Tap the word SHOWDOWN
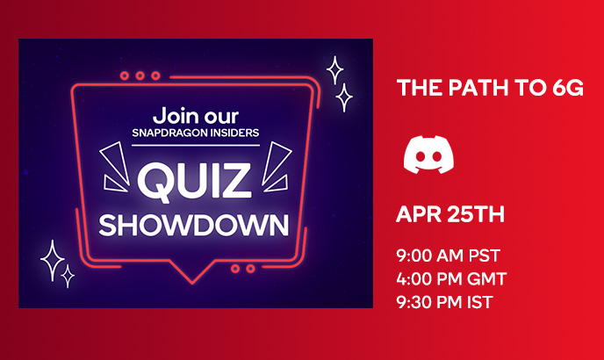point(194,225)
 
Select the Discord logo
point(428,155)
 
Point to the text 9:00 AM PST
point(448,256)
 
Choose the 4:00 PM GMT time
point(451,278)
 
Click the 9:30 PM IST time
point(444,302)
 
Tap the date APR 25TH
point(450,214)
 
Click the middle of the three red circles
point(140,76)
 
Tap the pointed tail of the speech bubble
point(192,284)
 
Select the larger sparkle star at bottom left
point(53,261)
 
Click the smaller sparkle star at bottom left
point(68,276)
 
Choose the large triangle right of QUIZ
point(277,162)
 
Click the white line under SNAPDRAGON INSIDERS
point(196,145)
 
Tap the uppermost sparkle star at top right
point(334,70)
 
